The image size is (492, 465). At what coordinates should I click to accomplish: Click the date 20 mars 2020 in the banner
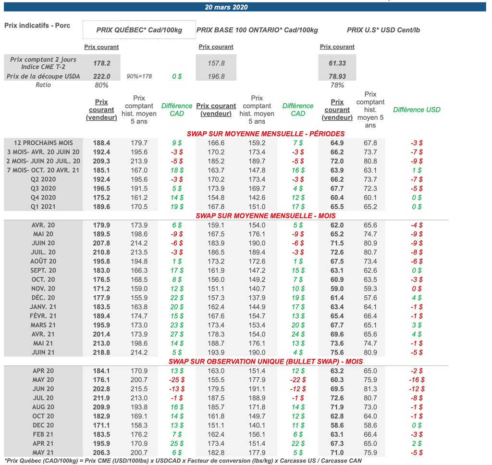tap(226, 7)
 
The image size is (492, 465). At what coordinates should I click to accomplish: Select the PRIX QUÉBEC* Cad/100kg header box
tap(139, 30)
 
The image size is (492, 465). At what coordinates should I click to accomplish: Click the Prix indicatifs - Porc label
tap(37, 25)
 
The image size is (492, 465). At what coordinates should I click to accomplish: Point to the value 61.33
tap(337, 63)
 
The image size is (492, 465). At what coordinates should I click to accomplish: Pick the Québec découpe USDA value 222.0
tap(101, 76)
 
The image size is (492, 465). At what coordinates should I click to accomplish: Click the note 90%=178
tap(139, 76)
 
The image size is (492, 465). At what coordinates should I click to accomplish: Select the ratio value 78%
tap(337, 85)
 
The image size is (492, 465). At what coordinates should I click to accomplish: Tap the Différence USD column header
tap(417, 110)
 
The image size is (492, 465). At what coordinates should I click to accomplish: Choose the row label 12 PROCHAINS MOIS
tap(44, 143)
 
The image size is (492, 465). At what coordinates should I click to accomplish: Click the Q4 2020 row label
tap(44, 198)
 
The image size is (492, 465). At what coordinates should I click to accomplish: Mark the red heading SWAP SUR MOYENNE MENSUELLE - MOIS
tap(266, 216)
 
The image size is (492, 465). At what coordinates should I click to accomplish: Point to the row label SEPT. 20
tap(44, 270)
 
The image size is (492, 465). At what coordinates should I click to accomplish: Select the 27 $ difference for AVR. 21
tap(177, 334)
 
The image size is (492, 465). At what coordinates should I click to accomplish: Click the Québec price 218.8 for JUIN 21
tap(101, 352)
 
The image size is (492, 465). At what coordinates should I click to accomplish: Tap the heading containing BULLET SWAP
tap(266, 362)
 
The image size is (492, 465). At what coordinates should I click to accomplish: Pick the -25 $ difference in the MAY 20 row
tap(177, 380)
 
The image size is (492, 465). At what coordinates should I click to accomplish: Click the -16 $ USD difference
tap(416, 380)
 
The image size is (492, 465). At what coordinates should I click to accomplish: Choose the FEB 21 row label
tap(44, 434)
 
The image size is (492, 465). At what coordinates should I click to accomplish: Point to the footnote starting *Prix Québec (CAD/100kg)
tap(183, 461)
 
